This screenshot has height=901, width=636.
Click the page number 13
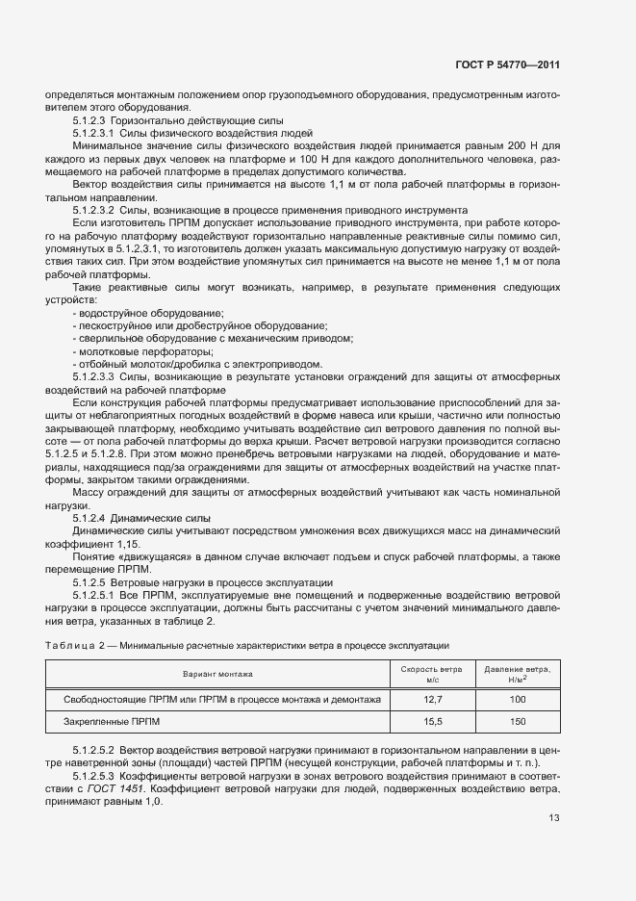pyautogui.click(x=554, y=818)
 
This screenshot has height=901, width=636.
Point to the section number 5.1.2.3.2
pyautogui.click(x=94, y=208)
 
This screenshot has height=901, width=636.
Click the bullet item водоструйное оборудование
pyautogui.click(x=149, y=314)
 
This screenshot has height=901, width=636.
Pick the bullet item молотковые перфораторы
pyautogui.click(x=142, y=352)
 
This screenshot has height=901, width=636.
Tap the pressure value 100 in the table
pyautogui.click(x=517, y=699)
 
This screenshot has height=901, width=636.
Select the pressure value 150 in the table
pyautogui.click(x=517, y=721)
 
